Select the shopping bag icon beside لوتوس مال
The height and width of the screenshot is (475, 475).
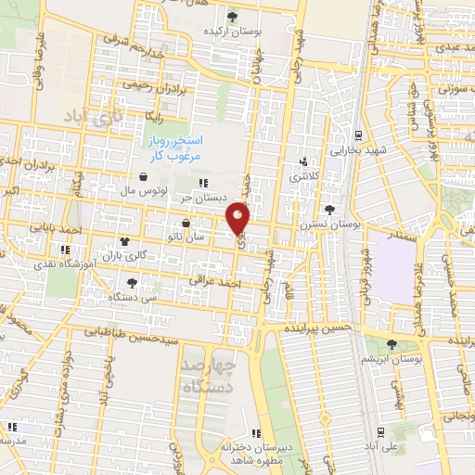[143, 176]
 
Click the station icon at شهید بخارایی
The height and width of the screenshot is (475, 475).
[358, 135]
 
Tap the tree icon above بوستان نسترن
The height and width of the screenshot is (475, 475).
[330, 210]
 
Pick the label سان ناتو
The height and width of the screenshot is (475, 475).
[186, 237]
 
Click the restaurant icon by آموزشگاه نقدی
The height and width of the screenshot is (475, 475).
[64, 250]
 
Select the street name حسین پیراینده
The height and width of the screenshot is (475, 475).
[317, 327]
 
